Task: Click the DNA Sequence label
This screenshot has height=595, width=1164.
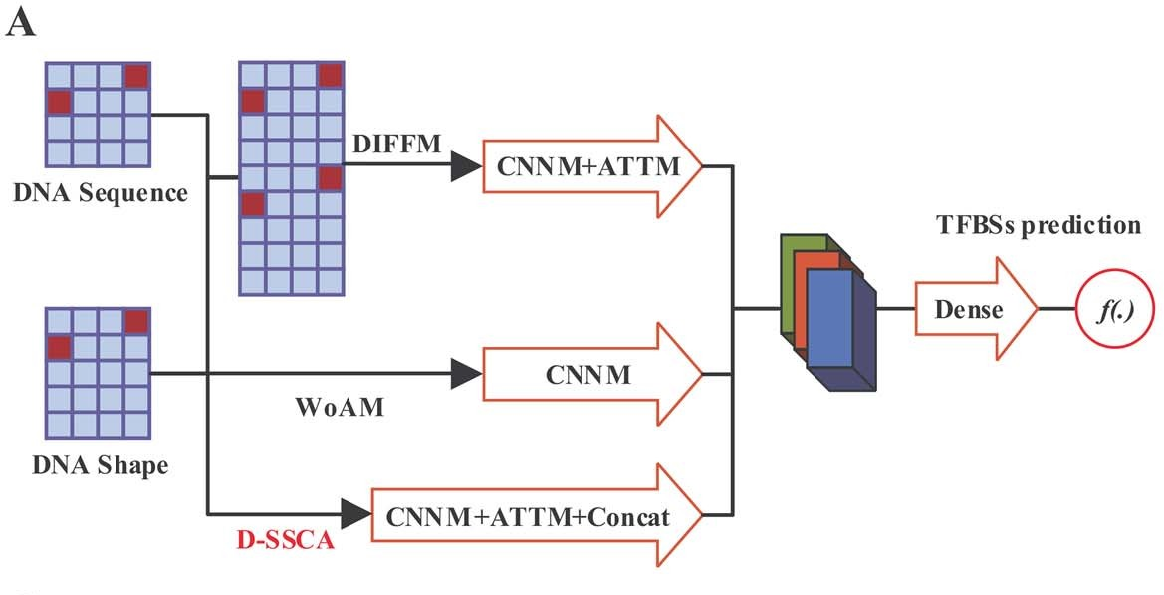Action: pos(101,192)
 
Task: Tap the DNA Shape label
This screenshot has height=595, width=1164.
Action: pos(100,465)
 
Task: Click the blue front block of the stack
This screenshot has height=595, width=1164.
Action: pos(829,319)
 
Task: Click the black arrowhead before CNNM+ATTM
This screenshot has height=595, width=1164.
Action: pos(465,168)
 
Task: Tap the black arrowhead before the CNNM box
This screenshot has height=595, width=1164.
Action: pos(465,375)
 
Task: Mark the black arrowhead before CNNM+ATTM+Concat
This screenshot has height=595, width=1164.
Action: pos(354,516)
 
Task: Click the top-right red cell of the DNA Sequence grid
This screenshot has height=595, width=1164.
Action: pos(135,75)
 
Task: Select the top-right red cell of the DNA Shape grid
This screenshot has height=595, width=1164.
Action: pos(135,321)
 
